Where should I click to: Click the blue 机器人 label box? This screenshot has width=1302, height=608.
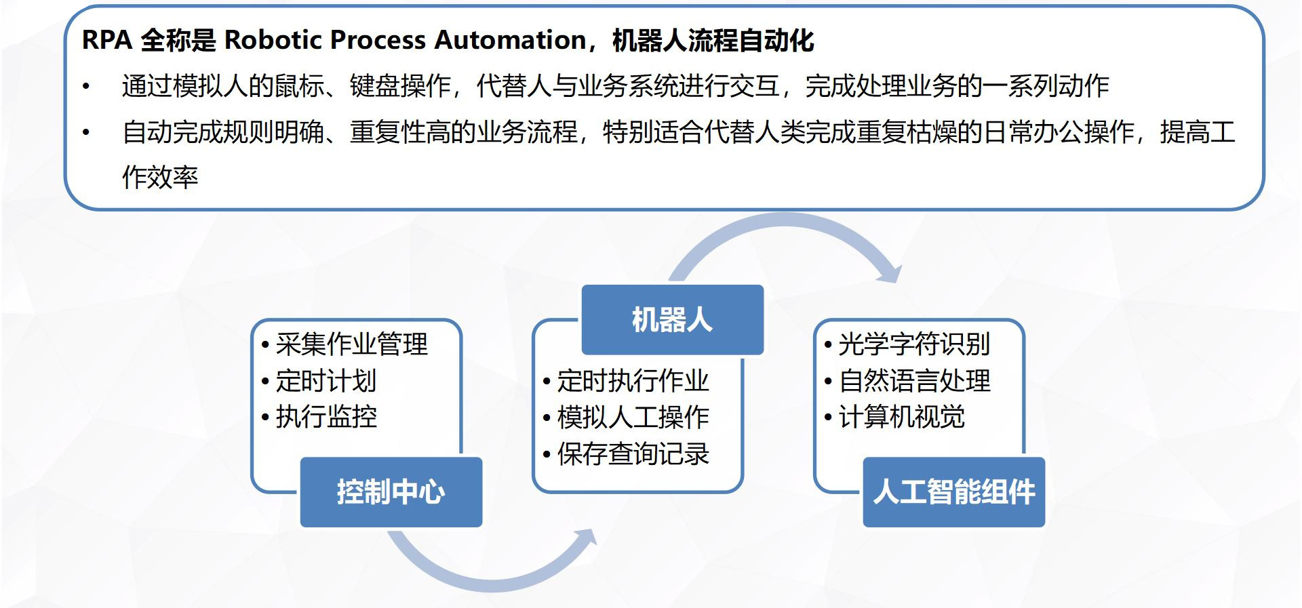673,320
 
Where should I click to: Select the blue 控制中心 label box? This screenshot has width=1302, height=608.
391,492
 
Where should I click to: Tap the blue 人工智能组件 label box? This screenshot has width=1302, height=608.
953,492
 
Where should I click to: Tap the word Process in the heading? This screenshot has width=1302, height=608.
383,40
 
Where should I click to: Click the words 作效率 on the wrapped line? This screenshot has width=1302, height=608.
160,177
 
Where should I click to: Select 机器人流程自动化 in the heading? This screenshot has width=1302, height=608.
713,40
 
